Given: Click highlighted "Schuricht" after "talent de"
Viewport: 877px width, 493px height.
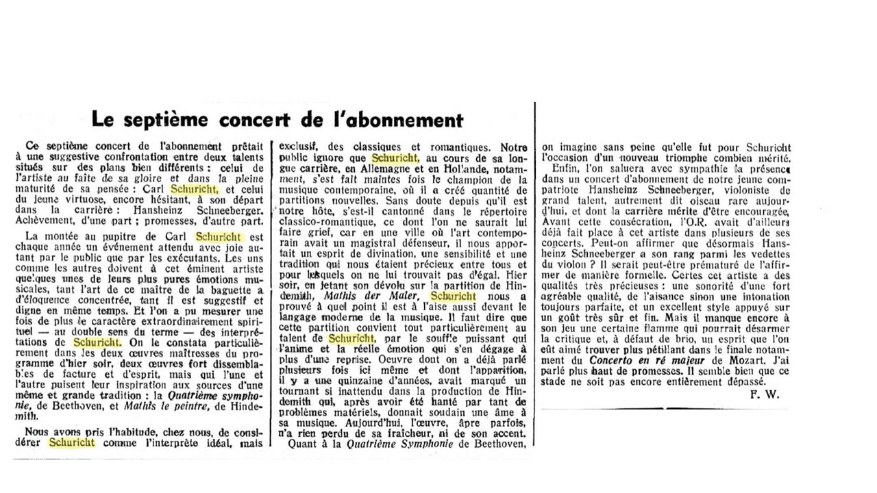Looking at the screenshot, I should (x=351, y=339).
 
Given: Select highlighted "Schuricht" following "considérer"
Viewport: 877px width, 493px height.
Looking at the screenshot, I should (x=71, y=442).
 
